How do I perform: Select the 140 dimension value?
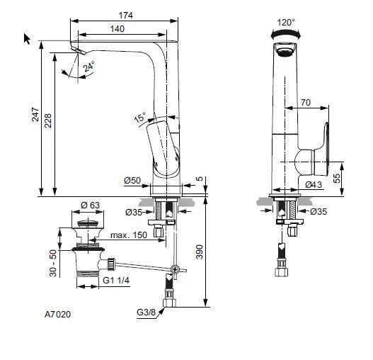(117, 28)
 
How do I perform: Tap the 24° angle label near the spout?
(88, 67)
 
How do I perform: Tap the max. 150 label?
(130, 235)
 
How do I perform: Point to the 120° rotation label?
(286, 22)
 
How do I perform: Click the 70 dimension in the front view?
(305, 103)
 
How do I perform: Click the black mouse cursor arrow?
(28, 39)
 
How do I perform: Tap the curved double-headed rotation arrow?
(285, 33)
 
